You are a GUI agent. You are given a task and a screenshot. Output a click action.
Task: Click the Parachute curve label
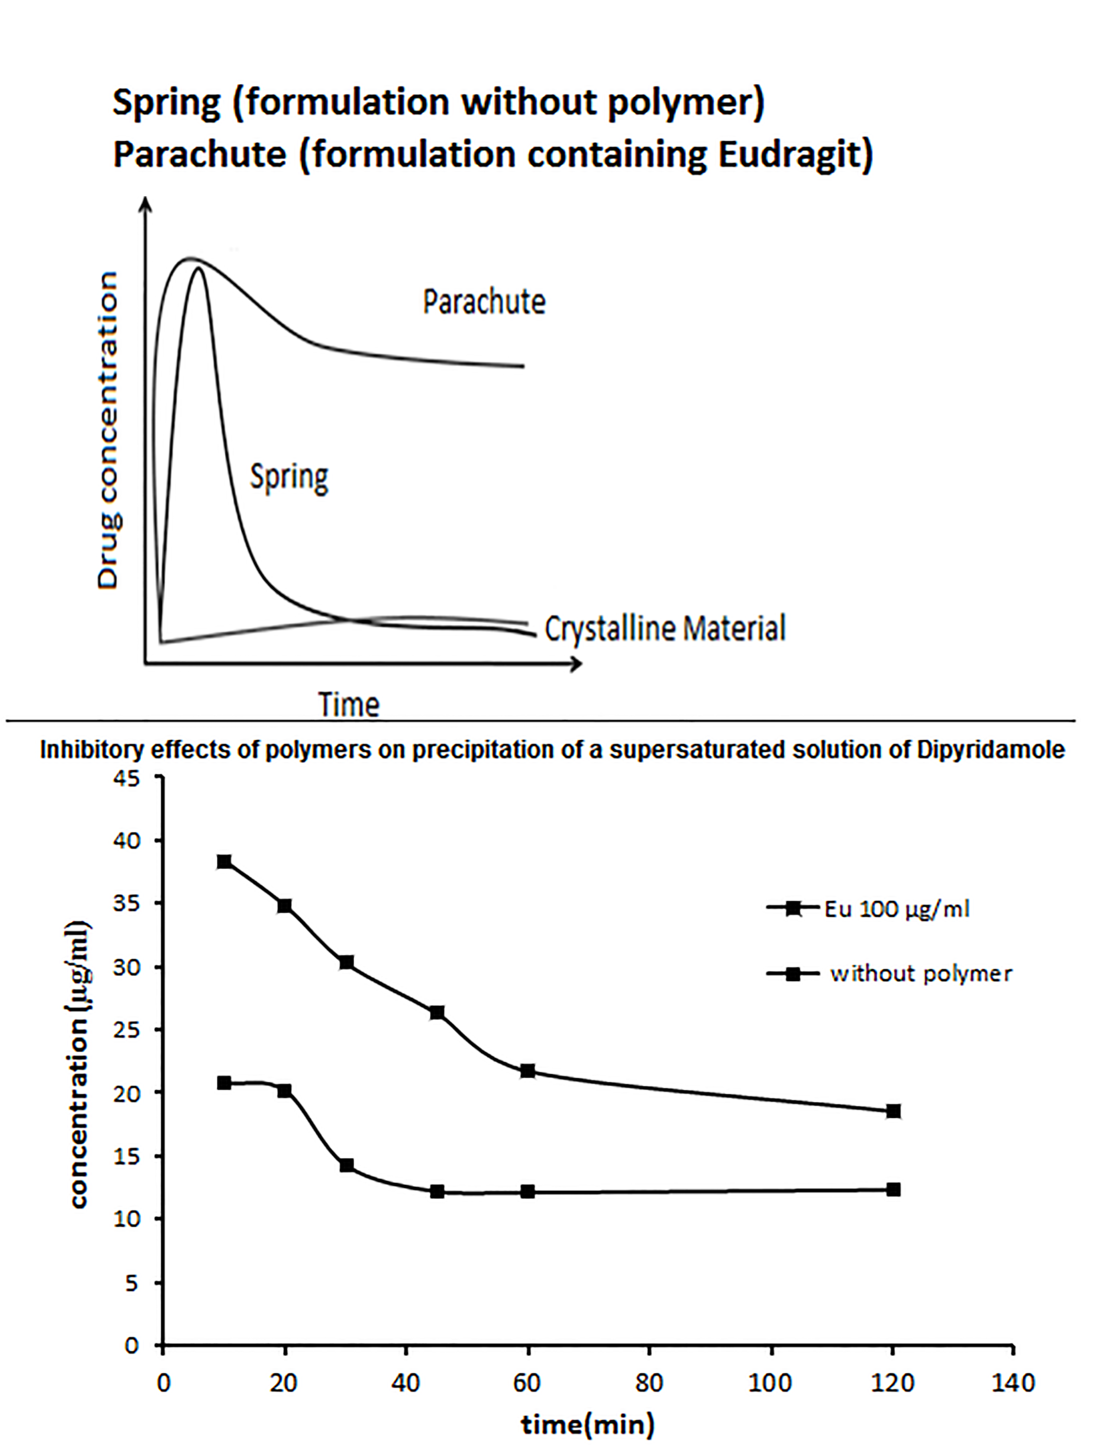484,302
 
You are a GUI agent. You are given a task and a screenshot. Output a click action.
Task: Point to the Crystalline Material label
665,628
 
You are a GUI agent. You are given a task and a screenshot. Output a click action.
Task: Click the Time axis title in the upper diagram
349,704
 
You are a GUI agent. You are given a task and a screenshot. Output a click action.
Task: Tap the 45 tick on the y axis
127,778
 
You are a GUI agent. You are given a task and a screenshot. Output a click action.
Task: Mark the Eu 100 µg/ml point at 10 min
224,861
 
